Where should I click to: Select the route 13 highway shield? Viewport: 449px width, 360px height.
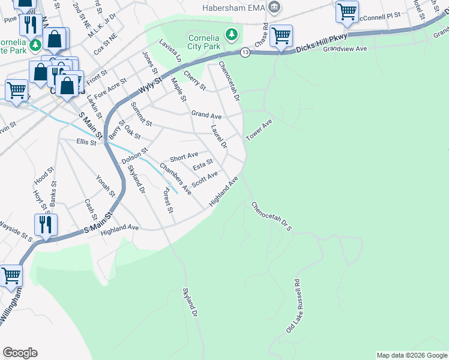tap(245, 53)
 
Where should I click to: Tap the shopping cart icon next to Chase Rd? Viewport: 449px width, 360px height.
tap(280, 36)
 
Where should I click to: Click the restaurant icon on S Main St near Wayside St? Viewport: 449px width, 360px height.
tap(46, 225)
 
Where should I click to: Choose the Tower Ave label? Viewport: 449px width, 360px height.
tap(259, 130)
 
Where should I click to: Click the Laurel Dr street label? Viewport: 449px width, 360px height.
tap(220, 137)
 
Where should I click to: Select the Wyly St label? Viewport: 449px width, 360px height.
tap(150, 84)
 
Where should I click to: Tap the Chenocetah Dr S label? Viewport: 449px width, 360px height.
tap(271, 216)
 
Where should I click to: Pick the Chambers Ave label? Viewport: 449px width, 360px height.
tap(175, 179)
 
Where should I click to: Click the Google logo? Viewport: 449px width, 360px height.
tap(20, 353)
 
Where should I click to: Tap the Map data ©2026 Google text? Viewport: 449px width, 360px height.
tap(412, 355)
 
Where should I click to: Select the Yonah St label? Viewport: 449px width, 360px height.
tap(105, 186)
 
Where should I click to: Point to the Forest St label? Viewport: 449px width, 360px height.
tap(167, 201)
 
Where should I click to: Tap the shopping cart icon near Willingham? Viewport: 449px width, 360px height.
tap(11, 276)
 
